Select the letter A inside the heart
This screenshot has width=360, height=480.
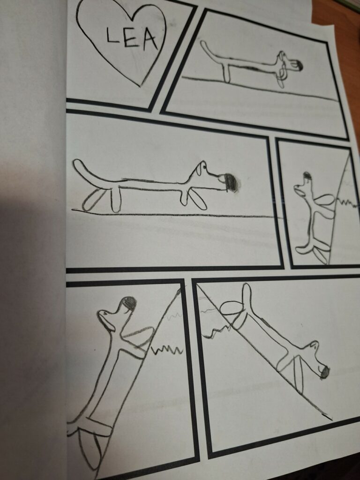(x=150, y=40)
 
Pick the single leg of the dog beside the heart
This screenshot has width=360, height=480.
(x=226, y=73)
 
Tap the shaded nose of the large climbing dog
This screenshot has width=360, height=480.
(x=129, y=303)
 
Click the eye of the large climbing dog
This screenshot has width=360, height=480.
(x=105, y=313)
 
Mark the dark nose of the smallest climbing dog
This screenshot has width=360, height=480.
(x=307, y=176)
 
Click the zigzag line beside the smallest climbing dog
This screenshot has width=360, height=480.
(x=347, y=203)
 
